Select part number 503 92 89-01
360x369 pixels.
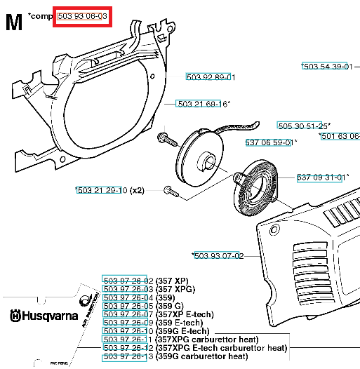coord(210,76)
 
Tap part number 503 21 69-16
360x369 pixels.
coord(202,104)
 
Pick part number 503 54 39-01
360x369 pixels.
coord(326,66)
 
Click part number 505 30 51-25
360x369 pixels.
coord(303,126)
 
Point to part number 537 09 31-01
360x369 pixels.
coord(322,177)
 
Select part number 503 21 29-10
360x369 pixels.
coord(101,190)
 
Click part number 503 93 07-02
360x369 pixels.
coord(218,256)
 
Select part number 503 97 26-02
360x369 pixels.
coord(128,281)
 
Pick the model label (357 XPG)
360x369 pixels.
coord(175,289)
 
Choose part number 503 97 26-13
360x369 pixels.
coord(128,356)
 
